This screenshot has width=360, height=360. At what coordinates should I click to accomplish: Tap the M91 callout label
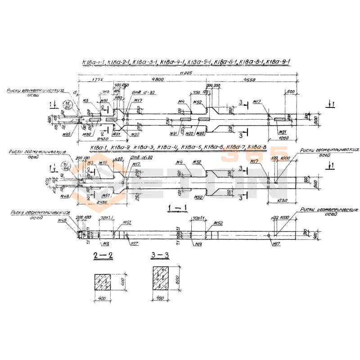coord(173,134)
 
